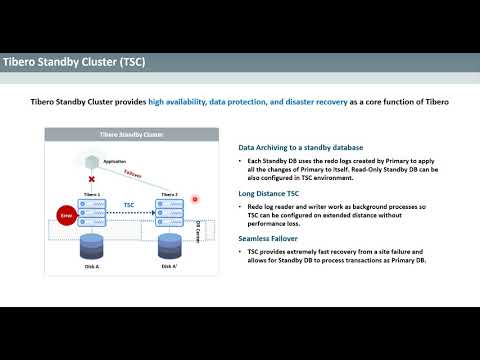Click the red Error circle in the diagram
[67, 213]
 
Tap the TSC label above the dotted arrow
[129, 204]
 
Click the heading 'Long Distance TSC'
[269, 194]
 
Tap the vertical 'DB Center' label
[199, 232]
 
